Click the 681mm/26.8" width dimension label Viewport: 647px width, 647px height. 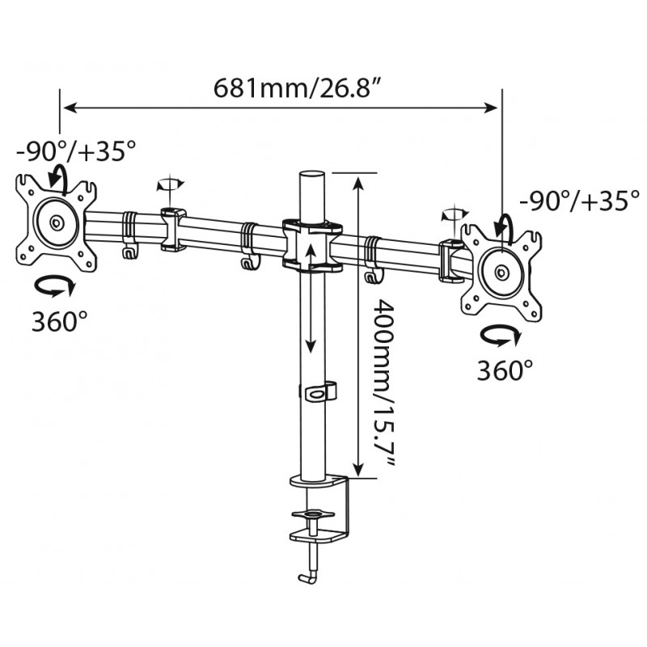click(x=296, y=88)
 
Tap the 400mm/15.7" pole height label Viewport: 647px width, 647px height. click(x=383, y=383)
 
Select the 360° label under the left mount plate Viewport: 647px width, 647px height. click(x=59, y=320)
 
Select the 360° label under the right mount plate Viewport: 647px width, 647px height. click(x=505, y=370)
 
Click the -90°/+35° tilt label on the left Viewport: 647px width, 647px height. click(x=76, y=150)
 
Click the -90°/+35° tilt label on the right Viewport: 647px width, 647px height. click(x=579, y=201)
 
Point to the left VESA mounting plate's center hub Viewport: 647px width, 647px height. click(x=56, y=223)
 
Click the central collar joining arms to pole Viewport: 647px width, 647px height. click(x=312, y=245)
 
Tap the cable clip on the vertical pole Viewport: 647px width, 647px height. click(x=320, y=391)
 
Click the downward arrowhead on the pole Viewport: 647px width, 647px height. click(x=311, y=346)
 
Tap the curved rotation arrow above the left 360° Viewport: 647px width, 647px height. click(x=55, y=286)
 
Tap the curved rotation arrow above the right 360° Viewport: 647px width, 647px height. click(x=501, y=336)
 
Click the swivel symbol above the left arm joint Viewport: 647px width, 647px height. click(x=170, y=184)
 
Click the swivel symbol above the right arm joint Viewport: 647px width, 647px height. click(x=455, y=214)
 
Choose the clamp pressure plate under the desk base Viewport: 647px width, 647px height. click(x=313, y=514)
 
